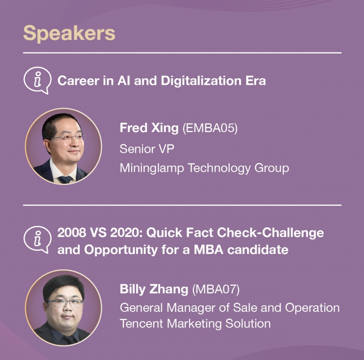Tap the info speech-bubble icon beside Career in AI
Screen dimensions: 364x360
click(37, 80)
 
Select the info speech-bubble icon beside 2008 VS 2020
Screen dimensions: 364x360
click(37, 240)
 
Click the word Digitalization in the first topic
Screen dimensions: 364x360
click(201, 81)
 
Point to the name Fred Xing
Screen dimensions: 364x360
click(149, 128)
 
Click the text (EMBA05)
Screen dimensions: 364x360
click(210, 128)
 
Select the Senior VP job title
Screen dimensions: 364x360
click(147, 149)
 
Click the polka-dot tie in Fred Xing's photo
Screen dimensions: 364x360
click(65, 179)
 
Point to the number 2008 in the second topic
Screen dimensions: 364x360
click(72, 233)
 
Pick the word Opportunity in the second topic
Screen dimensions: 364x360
click(121, 250)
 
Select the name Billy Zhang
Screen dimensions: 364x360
click(154, 289)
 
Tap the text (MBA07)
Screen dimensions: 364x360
click(216, 289)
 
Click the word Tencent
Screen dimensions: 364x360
click(141, 324)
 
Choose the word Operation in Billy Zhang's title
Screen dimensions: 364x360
click(312, 308)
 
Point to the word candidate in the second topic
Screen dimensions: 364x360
click(258, 250)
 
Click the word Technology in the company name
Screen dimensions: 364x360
click(219, 168)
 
